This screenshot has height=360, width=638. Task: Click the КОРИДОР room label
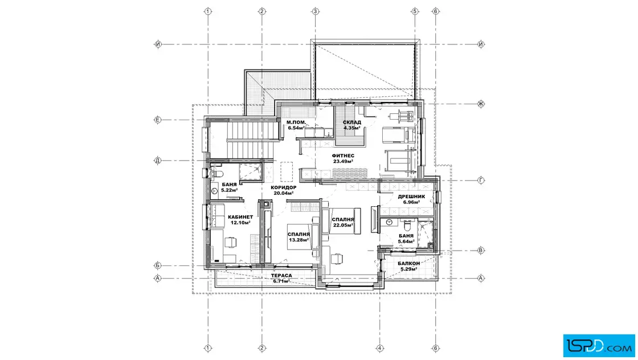(x=284, y=187)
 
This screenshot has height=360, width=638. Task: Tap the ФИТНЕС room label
(x=343, y=156)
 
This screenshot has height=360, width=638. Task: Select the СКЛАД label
(x=352, y=122)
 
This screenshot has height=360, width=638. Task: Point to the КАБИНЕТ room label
(x=240, y=217)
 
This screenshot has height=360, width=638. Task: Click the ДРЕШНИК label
(x=411, y=197)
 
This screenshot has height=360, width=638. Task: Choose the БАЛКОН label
(x=409, y=264)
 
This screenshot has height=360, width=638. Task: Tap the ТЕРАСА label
(x=281, y=275)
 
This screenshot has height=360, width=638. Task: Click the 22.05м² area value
(x=343, y=226)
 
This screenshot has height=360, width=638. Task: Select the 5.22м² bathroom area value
(x=230, y=190)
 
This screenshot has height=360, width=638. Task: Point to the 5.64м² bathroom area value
(x=407, y=241)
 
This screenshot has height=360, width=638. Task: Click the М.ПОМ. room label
(x=296, y=122)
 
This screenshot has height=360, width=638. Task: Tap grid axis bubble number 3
(x=316, y=11)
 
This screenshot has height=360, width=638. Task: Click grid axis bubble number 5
(x=415, y=11)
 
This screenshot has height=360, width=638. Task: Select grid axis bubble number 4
(x=379, y=348)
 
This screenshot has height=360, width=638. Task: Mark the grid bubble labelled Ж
(x=481, y=104)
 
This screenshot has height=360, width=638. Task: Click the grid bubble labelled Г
(x=481, y=180)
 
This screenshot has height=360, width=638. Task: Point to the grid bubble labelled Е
(x=158, y=120)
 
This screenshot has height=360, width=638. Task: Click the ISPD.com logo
(x=599, y=346)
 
